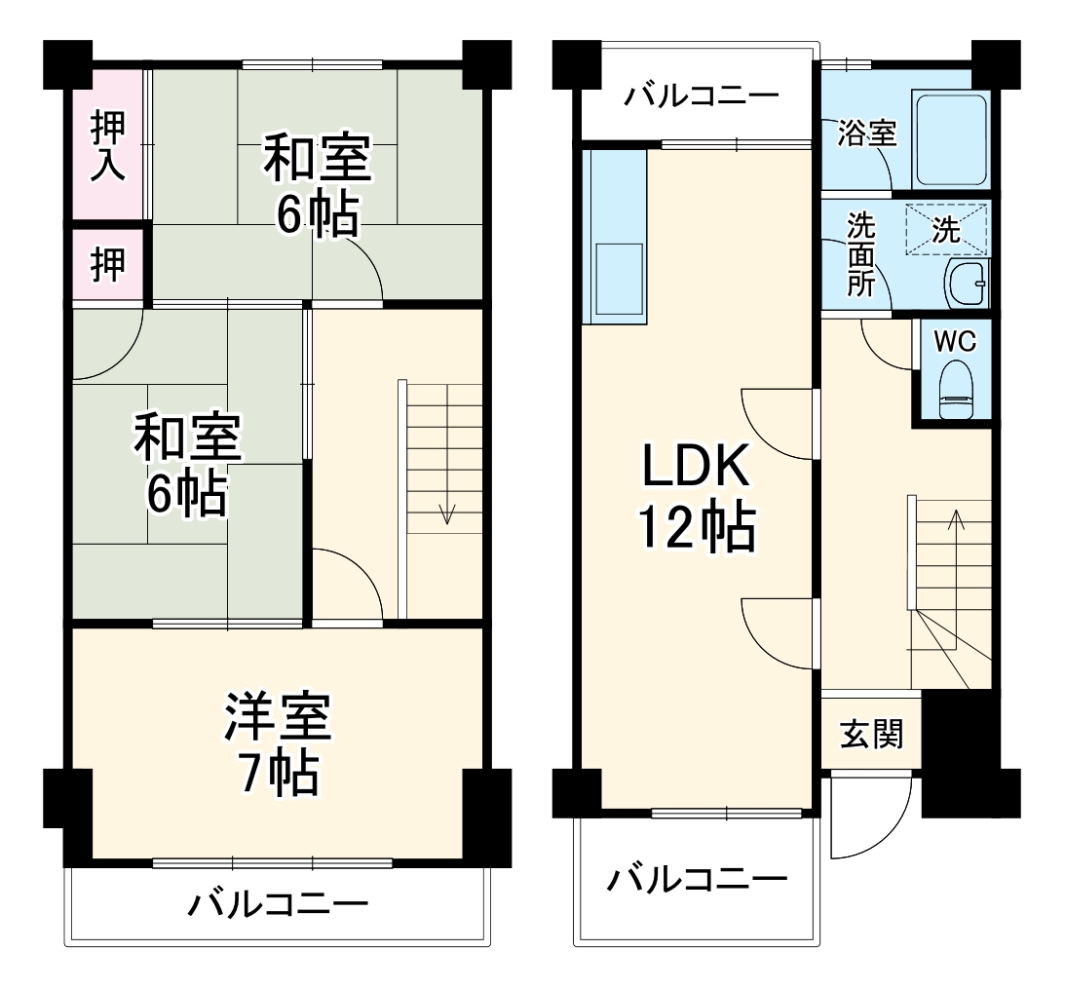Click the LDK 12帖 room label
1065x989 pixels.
[x=695, y=499]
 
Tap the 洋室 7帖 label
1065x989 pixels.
[x=278, y=745]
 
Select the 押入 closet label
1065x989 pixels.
[x=107, y=146]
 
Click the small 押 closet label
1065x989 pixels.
[x=107, y=265]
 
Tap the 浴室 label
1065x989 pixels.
[x=866, y=134]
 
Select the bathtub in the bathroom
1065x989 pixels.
[x=950, y=141]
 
